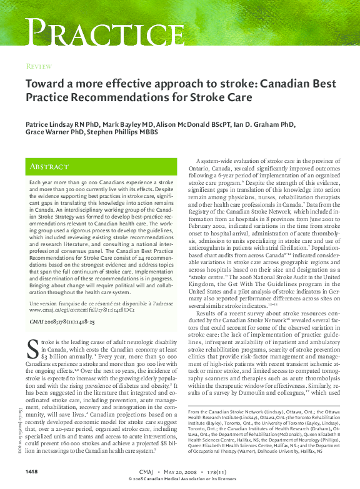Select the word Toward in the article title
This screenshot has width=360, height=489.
[x=46, y=84]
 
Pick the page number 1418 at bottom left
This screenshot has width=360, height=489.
[x=33, y=470]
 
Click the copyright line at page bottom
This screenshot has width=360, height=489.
[x=179, y=478]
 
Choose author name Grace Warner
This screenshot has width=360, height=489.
[x=45, y=132]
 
